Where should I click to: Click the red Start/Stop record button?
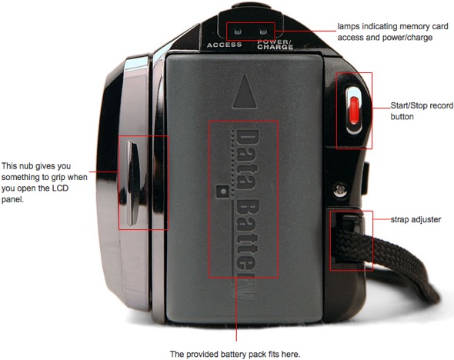(355, 110)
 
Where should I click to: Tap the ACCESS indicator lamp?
(238, 32)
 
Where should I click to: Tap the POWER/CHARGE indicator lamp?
(263, 32)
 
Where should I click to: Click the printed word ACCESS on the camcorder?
(225, 45)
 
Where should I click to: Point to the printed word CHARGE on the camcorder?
(275, 47)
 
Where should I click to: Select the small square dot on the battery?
(223, 192)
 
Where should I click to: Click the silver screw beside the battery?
(340, 190)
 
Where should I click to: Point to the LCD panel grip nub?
(133, 183)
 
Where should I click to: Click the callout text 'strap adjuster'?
(416, 220)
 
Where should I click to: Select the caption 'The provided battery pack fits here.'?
(235, 354)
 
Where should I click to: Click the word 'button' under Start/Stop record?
(402, 117)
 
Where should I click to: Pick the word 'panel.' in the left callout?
(12, 200)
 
